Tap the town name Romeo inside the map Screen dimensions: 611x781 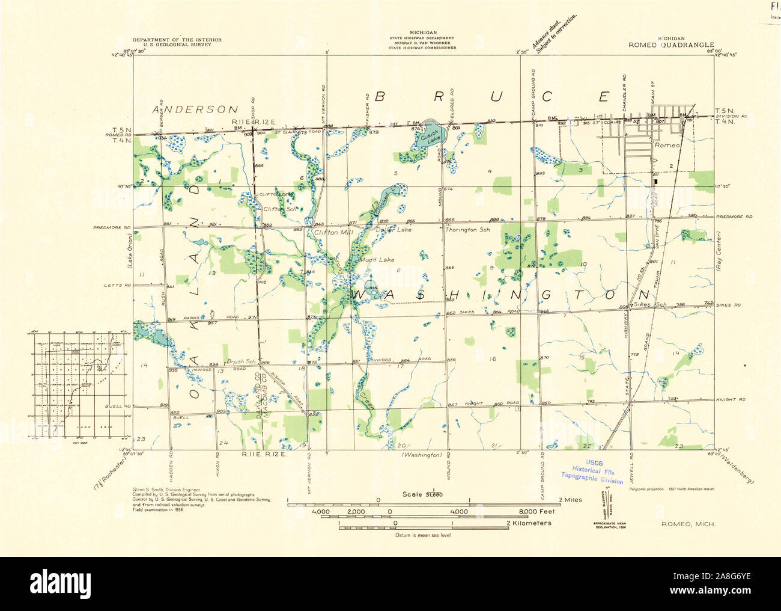[667, 146]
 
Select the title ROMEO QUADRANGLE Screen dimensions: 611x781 [671, 45]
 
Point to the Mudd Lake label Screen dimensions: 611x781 [377, 260]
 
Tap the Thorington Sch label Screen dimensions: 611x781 [466, 230]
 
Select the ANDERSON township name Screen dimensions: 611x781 [195, 109]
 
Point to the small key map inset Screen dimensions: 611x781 [76, 385]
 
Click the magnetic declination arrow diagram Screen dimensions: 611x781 [603, 504]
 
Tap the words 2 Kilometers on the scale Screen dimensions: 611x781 [529, 523]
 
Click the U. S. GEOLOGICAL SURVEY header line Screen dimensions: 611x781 [177, 45]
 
